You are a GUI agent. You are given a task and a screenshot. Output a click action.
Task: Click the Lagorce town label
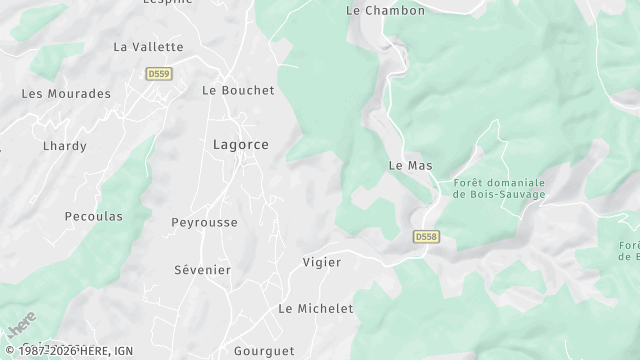240,144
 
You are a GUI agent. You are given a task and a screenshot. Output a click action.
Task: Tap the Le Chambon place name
385,10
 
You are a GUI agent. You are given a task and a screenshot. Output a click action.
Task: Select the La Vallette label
148,46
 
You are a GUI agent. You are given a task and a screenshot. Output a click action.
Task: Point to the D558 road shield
426,237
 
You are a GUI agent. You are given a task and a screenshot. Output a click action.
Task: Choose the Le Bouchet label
238,89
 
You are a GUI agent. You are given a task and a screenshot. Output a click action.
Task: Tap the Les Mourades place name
66,93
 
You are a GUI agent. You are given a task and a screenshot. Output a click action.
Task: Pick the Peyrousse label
204,222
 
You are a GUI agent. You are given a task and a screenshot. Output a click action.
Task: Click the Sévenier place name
202,270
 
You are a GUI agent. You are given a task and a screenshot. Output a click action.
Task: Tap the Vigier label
321,262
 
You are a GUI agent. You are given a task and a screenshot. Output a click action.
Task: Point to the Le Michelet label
316,309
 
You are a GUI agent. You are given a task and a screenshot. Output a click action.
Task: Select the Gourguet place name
263,351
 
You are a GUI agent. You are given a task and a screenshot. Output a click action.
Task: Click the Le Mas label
409,165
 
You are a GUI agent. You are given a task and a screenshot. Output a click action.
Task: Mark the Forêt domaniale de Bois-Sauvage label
499,188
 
